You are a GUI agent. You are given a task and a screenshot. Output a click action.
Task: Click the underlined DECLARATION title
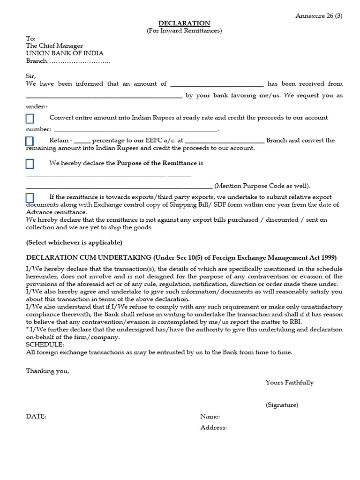point(184,23)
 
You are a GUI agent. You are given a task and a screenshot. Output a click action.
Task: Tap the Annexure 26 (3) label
point(319,15)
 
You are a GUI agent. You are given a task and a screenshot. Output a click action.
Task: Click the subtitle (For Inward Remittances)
point(184,31)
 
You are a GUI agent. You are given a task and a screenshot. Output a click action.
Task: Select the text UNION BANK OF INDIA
point(65,53)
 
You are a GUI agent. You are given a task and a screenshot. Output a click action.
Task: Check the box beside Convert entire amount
point(30,118)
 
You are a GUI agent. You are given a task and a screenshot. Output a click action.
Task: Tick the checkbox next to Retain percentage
point(30,141)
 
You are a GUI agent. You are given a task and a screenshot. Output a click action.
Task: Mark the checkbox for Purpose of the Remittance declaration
point(30,164)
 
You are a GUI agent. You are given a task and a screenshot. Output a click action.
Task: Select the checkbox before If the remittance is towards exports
point(30,198)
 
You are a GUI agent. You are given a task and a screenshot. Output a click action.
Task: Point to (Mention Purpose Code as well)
point(262,186)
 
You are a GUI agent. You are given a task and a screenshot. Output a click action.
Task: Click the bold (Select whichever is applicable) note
point(74,242)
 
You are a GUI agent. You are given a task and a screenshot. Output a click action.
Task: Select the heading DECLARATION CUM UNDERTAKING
point(96,258)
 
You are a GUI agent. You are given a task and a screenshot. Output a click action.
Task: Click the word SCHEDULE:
point(45,345)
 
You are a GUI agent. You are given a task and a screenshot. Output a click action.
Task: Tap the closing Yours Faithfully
point(289,382)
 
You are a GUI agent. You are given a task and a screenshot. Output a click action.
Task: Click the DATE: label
point(36,416)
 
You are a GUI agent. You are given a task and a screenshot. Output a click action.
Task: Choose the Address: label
point(213,427)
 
